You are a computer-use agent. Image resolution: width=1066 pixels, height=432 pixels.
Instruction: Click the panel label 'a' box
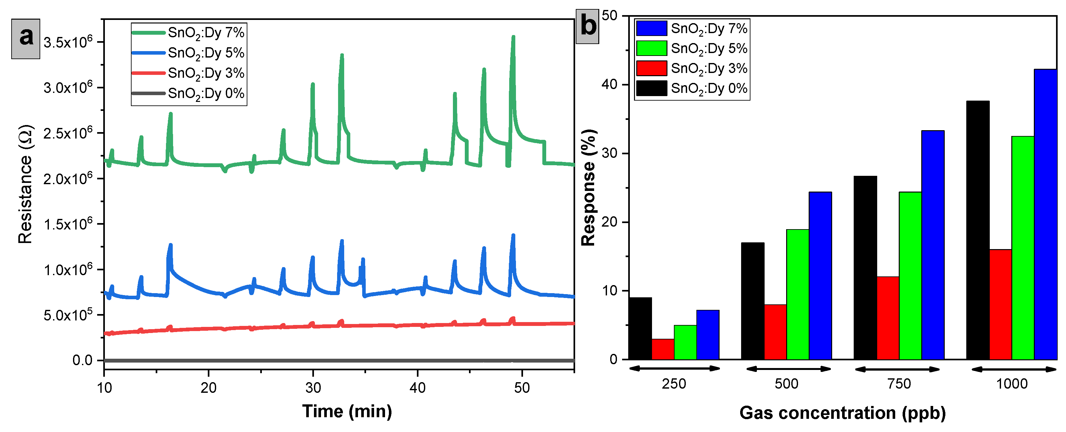tap(26, 39)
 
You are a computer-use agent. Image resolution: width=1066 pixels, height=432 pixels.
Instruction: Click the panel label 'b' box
tap(588, 26)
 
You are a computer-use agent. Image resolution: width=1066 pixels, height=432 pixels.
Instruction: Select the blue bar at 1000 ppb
tap(1045, 215)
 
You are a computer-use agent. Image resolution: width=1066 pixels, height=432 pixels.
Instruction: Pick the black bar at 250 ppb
tap(640, 328)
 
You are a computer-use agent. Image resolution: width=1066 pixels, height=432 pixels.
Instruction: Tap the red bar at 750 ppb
tap(888, 318)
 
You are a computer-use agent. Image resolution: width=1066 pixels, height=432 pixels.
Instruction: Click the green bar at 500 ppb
tap(797, 294)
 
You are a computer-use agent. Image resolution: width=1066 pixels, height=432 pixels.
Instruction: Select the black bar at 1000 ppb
tap(978, 230)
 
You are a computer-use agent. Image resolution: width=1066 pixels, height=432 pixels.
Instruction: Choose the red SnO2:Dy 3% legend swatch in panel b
tap(651, 68)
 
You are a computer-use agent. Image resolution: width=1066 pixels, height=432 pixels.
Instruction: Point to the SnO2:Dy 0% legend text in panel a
tap(206, 94)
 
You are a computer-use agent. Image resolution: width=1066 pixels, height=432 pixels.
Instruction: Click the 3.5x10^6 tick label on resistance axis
tap(68, 42)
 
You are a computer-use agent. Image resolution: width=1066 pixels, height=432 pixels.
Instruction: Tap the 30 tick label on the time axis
tap(313, 388)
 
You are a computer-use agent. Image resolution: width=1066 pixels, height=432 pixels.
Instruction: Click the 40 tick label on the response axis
tap(609, 84)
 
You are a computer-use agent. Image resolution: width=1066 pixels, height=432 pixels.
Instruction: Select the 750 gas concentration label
tap(899, 384)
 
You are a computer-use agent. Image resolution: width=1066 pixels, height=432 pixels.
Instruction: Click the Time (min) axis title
tap(347, 411)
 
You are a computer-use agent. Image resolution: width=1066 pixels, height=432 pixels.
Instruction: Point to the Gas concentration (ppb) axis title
tap(842, 413)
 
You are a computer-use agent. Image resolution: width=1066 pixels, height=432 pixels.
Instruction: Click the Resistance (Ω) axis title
tap(25, 184)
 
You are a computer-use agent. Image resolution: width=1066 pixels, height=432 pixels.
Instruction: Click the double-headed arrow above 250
tap(675, 368)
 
